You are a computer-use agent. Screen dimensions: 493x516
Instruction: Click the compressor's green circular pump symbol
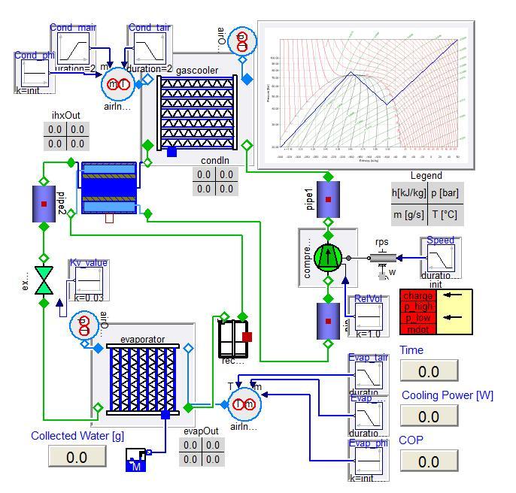click(x=328, y=257)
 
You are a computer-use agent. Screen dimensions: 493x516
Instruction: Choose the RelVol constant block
click(x=368, y=316)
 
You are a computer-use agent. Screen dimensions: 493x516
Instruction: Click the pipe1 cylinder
click(x=328, y=200)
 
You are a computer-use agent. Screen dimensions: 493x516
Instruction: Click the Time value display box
click(x=429, y=371)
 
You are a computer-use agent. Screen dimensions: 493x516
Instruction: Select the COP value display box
click(x=429, y=461)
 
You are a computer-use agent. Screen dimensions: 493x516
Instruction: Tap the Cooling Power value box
click(x=429, y=416)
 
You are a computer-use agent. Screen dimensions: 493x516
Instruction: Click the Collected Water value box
click(x=77, y=457)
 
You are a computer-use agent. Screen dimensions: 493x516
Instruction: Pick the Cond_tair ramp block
click(x=150, y=50)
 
